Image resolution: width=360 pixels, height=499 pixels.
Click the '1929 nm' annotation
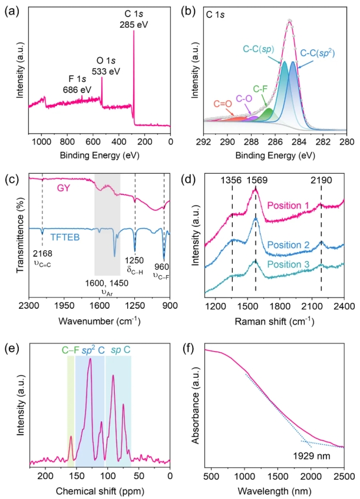309,456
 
